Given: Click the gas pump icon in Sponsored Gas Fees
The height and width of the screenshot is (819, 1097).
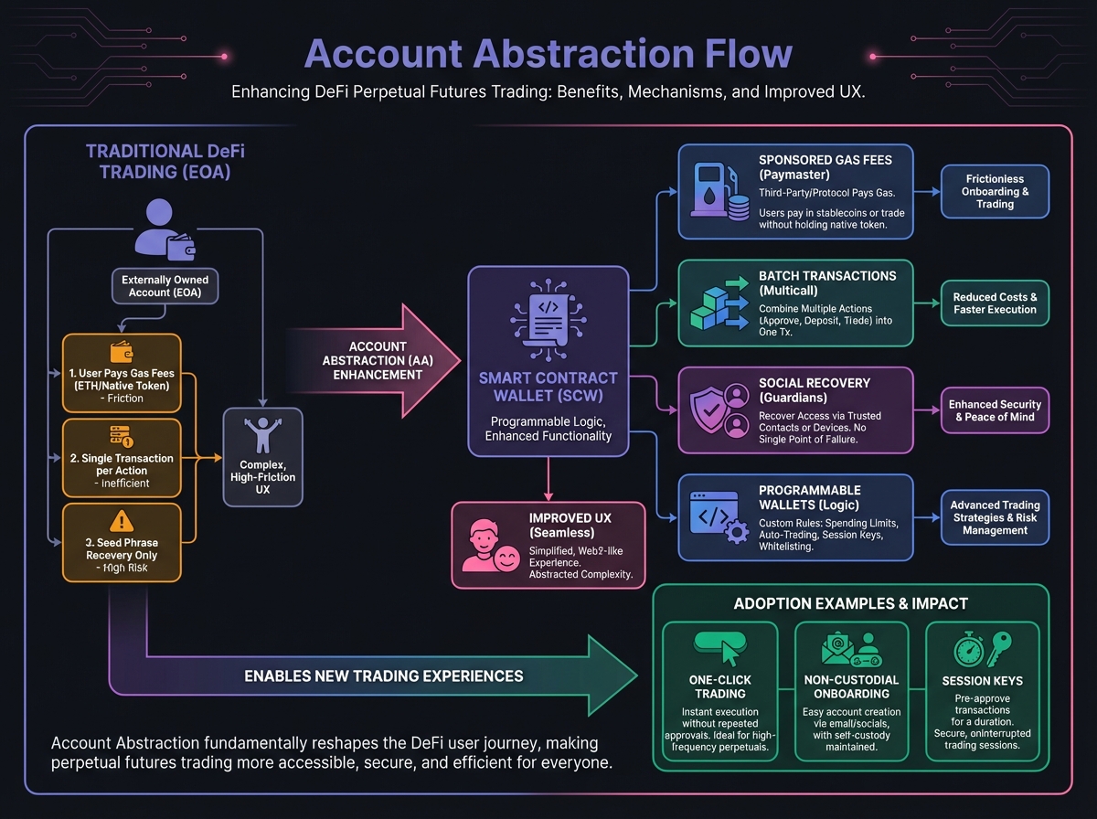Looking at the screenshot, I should (710, 191).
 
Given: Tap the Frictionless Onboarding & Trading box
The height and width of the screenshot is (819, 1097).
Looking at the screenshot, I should (995, 191).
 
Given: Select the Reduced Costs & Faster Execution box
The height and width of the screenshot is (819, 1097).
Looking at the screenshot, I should (995, 303).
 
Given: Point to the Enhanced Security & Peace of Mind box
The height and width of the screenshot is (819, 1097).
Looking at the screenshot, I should (995, 410).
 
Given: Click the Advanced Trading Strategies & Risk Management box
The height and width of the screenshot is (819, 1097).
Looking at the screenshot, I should (995, 517).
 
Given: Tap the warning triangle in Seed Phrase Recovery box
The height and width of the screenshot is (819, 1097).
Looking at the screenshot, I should (121, 521).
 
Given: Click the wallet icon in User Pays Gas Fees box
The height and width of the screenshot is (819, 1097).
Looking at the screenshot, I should (121, 351).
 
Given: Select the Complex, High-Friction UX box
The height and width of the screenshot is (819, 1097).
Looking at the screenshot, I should (262, 457).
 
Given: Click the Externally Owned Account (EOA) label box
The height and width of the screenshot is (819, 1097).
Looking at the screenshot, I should (165, 286).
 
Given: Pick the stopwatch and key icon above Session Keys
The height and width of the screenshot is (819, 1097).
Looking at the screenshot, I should (982, 649).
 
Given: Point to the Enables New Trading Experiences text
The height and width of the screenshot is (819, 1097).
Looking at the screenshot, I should (384, 676).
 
